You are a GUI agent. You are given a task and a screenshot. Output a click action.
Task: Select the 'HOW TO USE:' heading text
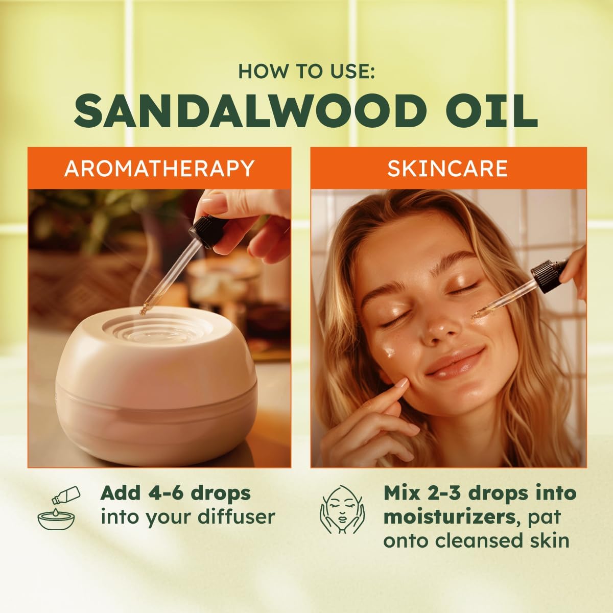(306, 72)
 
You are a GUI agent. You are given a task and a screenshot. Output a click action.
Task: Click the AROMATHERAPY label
(159, 169)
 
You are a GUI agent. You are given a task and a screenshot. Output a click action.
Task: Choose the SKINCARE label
(447, 169)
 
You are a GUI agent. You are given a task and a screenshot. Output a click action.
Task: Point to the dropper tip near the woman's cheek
(475, 315)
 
